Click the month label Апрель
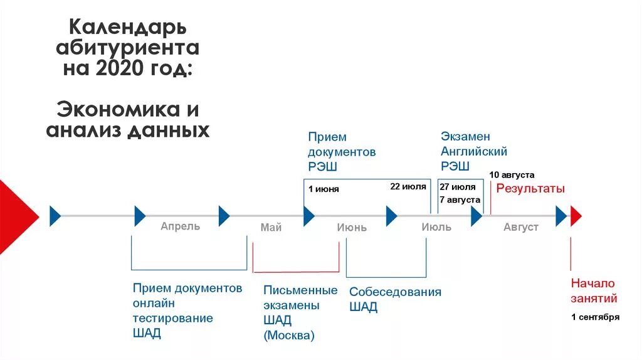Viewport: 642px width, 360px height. point(180,226)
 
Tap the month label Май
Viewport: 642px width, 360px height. point(271,228)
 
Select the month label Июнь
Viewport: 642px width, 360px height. point(352,228)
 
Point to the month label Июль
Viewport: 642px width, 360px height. point(436,227)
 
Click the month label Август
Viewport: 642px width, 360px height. point(521,227)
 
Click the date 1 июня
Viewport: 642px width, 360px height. point(324,189)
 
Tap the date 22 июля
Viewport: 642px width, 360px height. point(408,186)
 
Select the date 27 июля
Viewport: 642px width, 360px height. point(457,187)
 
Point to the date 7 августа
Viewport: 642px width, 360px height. point(460,199)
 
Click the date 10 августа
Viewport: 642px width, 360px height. point(512,175)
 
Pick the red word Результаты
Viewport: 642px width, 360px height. point(530,188)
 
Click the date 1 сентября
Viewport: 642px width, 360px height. point(595,317)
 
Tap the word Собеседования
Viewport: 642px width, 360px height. point(395,292)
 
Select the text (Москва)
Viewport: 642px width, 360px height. point(289,336)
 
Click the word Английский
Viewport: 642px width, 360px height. point(474,151)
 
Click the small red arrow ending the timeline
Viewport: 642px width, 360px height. point(576,216)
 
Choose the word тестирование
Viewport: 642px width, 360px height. point(172,318)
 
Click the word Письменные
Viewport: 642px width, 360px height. point(300,290)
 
